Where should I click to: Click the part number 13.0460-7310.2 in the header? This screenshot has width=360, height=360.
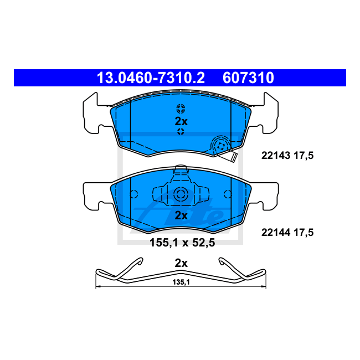click(151, 78)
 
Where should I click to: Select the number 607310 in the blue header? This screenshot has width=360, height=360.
click(248, 78)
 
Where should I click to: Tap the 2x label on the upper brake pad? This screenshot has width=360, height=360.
click(181, 120)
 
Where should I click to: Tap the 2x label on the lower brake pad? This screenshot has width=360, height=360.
click(181, 215)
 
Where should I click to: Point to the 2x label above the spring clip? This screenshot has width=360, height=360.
click(181, 263)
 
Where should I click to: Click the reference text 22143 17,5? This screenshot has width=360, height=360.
click(287, 156)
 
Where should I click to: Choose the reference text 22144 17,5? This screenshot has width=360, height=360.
click(287, 233)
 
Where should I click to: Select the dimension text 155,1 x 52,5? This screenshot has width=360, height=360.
click(182, 242)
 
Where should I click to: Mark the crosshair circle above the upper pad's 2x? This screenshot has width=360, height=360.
click(181, 107)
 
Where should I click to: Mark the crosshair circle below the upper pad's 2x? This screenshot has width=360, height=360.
click(181, 132)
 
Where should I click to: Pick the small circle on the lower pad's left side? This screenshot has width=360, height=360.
click(133, 194)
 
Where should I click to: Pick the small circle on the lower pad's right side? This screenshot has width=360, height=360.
click(228, 194)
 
